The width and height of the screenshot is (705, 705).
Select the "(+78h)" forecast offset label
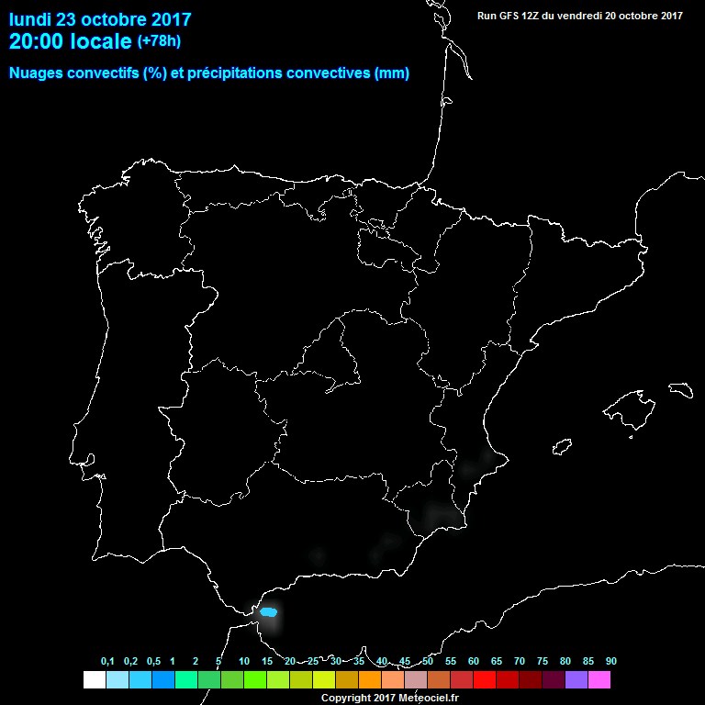tap(160, 40)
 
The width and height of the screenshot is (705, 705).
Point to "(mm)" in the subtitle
tap(392, 73)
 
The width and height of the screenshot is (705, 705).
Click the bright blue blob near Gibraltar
tap(269, 611)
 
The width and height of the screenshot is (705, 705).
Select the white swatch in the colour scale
tap(94, 679)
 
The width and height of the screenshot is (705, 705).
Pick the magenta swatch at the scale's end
tap(599, 679)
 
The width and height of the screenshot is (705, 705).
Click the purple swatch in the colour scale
tap(576, 679)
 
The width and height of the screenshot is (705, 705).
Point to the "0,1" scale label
tap(107, 662)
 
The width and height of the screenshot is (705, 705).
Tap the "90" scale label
tap(610, 662)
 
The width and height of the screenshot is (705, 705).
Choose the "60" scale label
tap(474, 662)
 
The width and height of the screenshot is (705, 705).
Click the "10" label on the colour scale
tap(243, 662)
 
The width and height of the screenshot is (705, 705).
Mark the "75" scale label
tap(543, 662)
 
